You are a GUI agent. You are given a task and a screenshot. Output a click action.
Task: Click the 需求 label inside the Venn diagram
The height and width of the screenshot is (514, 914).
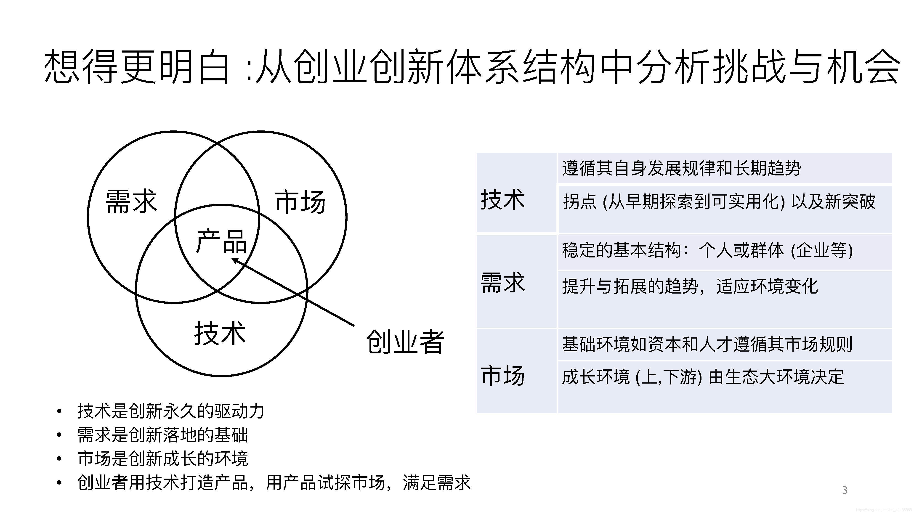coord(131,201)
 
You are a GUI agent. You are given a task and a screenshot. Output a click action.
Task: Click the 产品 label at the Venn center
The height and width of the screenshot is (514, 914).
coord(221,241)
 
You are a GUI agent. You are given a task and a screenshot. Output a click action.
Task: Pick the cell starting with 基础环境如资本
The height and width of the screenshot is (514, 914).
coord(707,344)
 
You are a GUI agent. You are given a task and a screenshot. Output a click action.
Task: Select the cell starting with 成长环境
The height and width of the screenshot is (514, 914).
coord(703,377)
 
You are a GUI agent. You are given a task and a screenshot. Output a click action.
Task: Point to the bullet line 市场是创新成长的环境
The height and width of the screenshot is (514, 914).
coord(162,458)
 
